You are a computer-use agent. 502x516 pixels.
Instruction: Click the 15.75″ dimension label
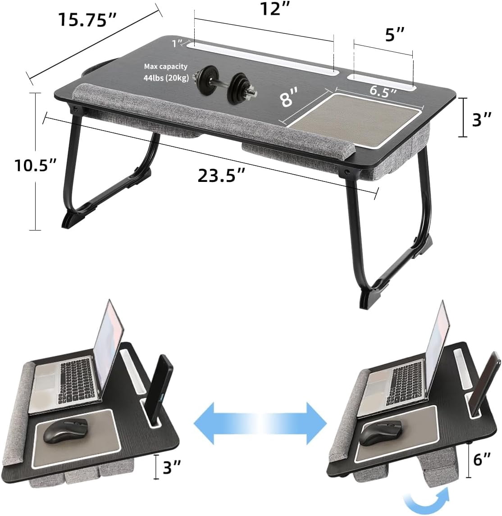pos(87,20)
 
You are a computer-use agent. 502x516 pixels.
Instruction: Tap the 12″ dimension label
pos(275,9)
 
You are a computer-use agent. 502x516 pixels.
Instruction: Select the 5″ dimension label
pos(395,34)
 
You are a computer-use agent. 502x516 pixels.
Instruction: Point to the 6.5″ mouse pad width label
pos(383,91)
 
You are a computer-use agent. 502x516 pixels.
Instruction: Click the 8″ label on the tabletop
pos(290,97)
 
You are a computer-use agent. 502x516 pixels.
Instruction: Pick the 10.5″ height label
pos(35,164)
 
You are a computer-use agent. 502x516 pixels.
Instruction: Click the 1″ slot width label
pos(177,43)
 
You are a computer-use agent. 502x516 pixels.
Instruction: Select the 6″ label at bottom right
pos(482,459)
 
